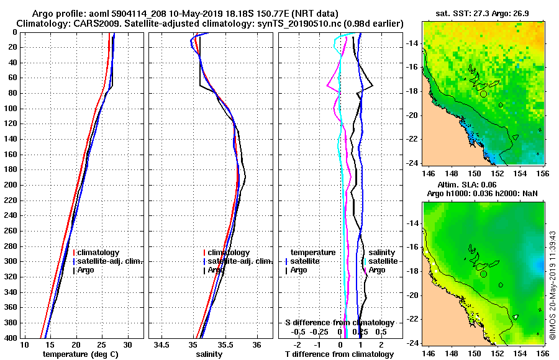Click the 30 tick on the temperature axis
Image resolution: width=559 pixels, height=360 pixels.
coord(127,344)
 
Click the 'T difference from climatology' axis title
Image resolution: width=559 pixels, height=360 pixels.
coord(339,354)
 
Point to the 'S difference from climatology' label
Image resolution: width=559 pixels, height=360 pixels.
coord(339,323)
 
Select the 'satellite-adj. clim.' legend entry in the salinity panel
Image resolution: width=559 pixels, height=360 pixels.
coord(235,261)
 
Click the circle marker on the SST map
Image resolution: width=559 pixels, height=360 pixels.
coord(483,94)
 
